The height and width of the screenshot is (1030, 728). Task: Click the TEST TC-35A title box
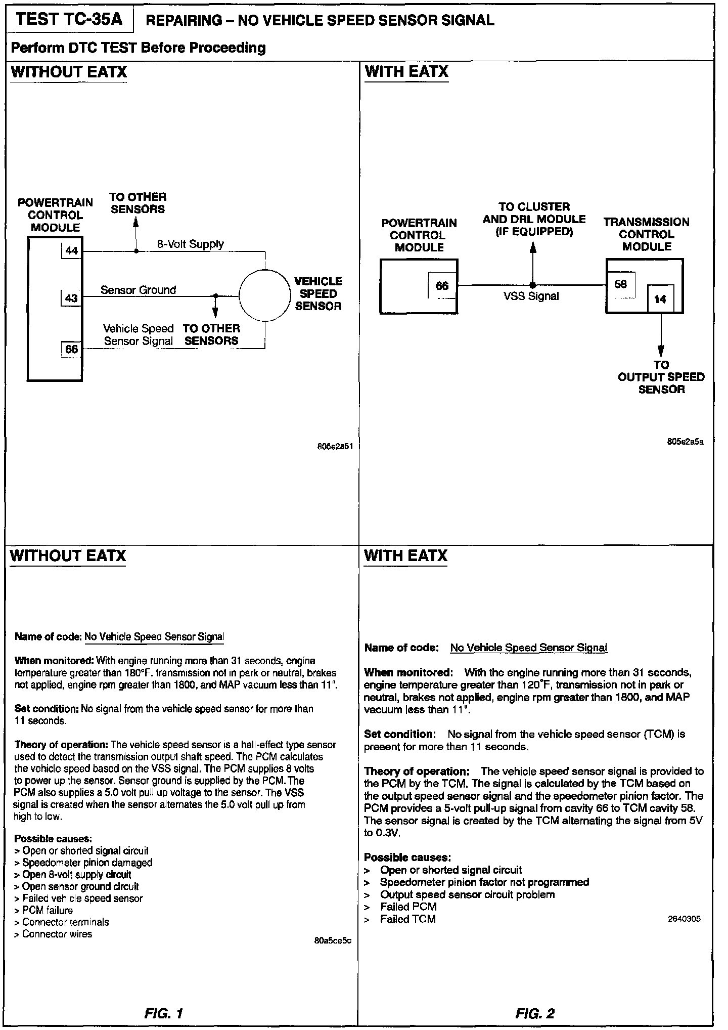(69, 20)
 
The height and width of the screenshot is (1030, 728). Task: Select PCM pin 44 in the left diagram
(71, 251)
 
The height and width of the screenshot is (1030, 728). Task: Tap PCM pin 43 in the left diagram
(71, 298)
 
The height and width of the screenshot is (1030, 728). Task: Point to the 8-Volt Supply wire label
(191, 244)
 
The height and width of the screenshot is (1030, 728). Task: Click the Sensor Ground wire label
(138, 290)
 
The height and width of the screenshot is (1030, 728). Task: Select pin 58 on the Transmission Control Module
(620, 284)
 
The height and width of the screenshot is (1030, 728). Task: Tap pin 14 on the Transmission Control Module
(660, 299)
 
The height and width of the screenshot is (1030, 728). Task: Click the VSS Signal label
(531, 296)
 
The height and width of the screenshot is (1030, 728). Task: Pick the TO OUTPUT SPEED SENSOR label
(661, 377)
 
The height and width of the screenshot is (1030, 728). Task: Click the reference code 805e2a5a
(685, 442)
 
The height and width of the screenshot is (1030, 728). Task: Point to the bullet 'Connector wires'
(57, 934)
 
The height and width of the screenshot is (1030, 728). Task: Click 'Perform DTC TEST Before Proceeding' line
(138, 48)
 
